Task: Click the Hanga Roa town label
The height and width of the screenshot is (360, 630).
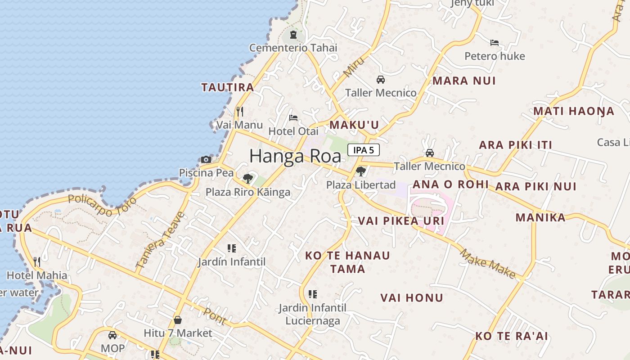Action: click(x=295, y=156)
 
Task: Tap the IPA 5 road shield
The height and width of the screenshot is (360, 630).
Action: click(x=363, y=150)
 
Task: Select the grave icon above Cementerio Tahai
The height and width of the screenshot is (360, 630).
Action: click(x=293, y=35)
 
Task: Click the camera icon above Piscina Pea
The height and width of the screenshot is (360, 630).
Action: click(x=206, y=159)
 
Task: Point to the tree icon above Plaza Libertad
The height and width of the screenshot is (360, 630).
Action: click(x=360, y=171)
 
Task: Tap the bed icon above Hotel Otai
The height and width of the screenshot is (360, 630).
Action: click(x=293, y=118)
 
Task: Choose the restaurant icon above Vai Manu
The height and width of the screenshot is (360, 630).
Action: click(x=240, y=111)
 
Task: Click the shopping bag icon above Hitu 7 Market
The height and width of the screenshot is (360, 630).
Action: click(x=178, y=320)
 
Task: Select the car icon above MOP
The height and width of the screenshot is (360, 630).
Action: click(x=112, y=335)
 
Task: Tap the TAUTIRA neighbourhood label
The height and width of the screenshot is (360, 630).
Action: click(x=228, y=87)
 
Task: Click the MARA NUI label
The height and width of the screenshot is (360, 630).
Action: click(x=464, y=81)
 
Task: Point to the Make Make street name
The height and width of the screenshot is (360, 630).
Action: click(x=488, y=263)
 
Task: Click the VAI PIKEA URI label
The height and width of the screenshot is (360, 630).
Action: click(x=401, y=221)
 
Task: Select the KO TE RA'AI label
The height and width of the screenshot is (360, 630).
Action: click(x=512, y=336)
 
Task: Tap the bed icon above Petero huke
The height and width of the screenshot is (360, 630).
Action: click(x=495, y=43)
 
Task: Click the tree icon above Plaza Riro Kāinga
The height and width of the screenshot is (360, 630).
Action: click(x=247, y=179)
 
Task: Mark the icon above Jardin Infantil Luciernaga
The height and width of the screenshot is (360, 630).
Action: click(x=313, y=294)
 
